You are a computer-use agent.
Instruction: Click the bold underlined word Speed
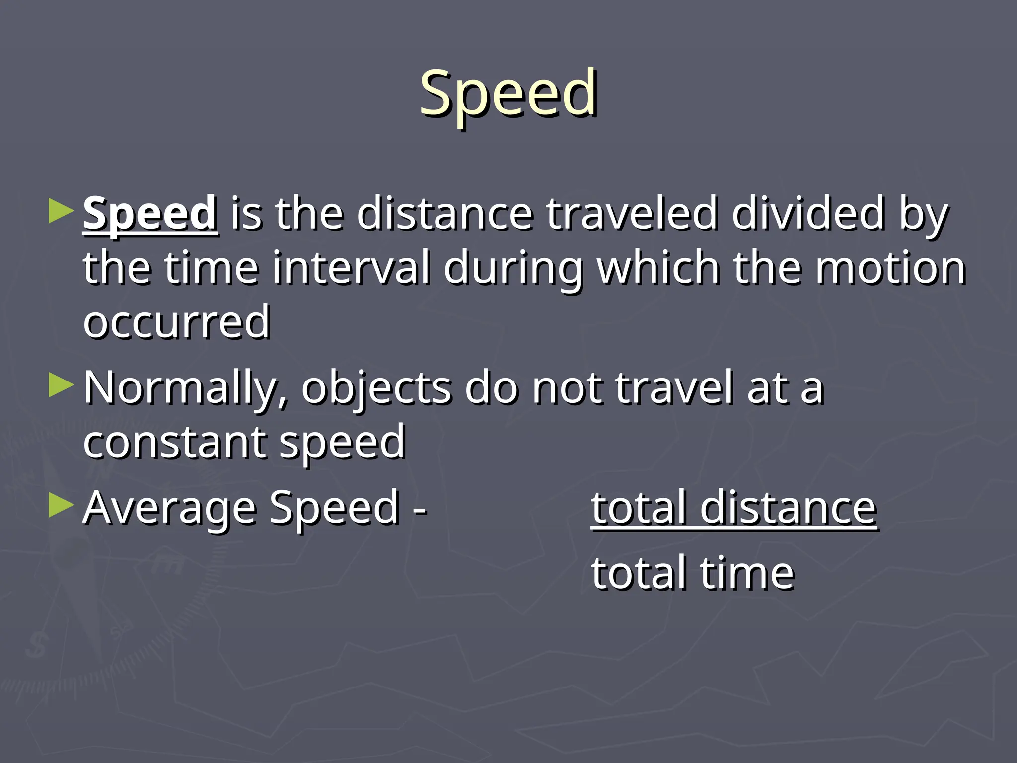click(x=149, y=214)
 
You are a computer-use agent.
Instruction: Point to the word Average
click(x=169, y=508)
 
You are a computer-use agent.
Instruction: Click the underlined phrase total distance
click(x=733, y=508)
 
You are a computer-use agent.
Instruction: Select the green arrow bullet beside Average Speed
click(x=61, y=506)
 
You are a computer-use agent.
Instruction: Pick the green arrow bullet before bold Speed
click(x=61, y=211)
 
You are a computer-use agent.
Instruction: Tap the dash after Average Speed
click(x=420, y=510)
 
